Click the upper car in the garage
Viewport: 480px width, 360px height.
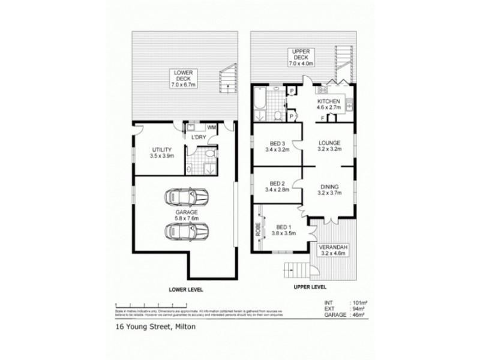point(187,196)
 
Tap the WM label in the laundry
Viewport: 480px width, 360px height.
point(212,128)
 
